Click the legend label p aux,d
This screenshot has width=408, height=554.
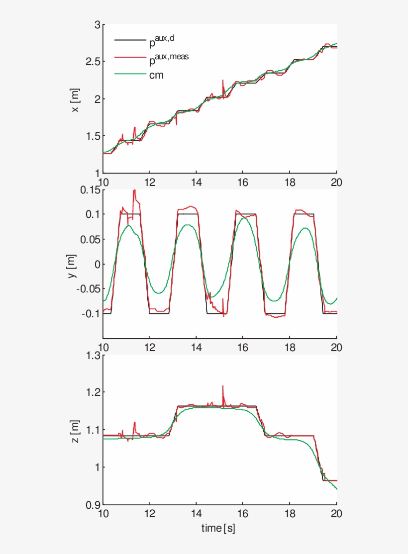coord(162,40)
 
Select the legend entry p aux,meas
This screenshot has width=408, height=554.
coord(169,59)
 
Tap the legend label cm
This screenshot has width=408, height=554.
coord(156,75)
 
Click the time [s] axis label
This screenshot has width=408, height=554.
coord(218,528)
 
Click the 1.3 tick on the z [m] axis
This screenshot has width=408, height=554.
coord(91,356)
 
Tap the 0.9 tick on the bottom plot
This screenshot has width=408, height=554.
coord(91,504)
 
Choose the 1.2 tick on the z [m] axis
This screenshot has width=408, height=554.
coord(91,393)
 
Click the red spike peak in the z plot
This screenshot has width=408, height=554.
coord(222,386)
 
